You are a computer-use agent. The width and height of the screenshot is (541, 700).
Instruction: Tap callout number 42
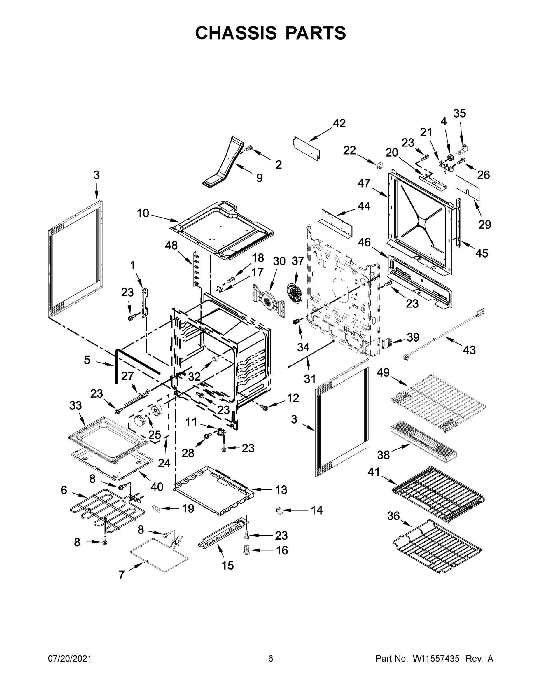(339, 123)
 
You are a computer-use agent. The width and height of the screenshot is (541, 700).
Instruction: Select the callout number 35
(459, 113)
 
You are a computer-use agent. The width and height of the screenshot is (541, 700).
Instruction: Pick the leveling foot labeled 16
(246, 550)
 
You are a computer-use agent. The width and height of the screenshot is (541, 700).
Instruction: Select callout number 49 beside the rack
(383, 372)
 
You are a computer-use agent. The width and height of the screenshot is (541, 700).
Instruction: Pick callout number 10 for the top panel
(143, 213)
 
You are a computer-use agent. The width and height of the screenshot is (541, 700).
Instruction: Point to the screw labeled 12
(265, 407)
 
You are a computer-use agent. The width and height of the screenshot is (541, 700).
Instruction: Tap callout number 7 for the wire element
(121, 575)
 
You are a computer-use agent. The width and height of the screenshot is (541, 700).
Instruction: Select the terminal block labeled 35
(463, 148)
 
